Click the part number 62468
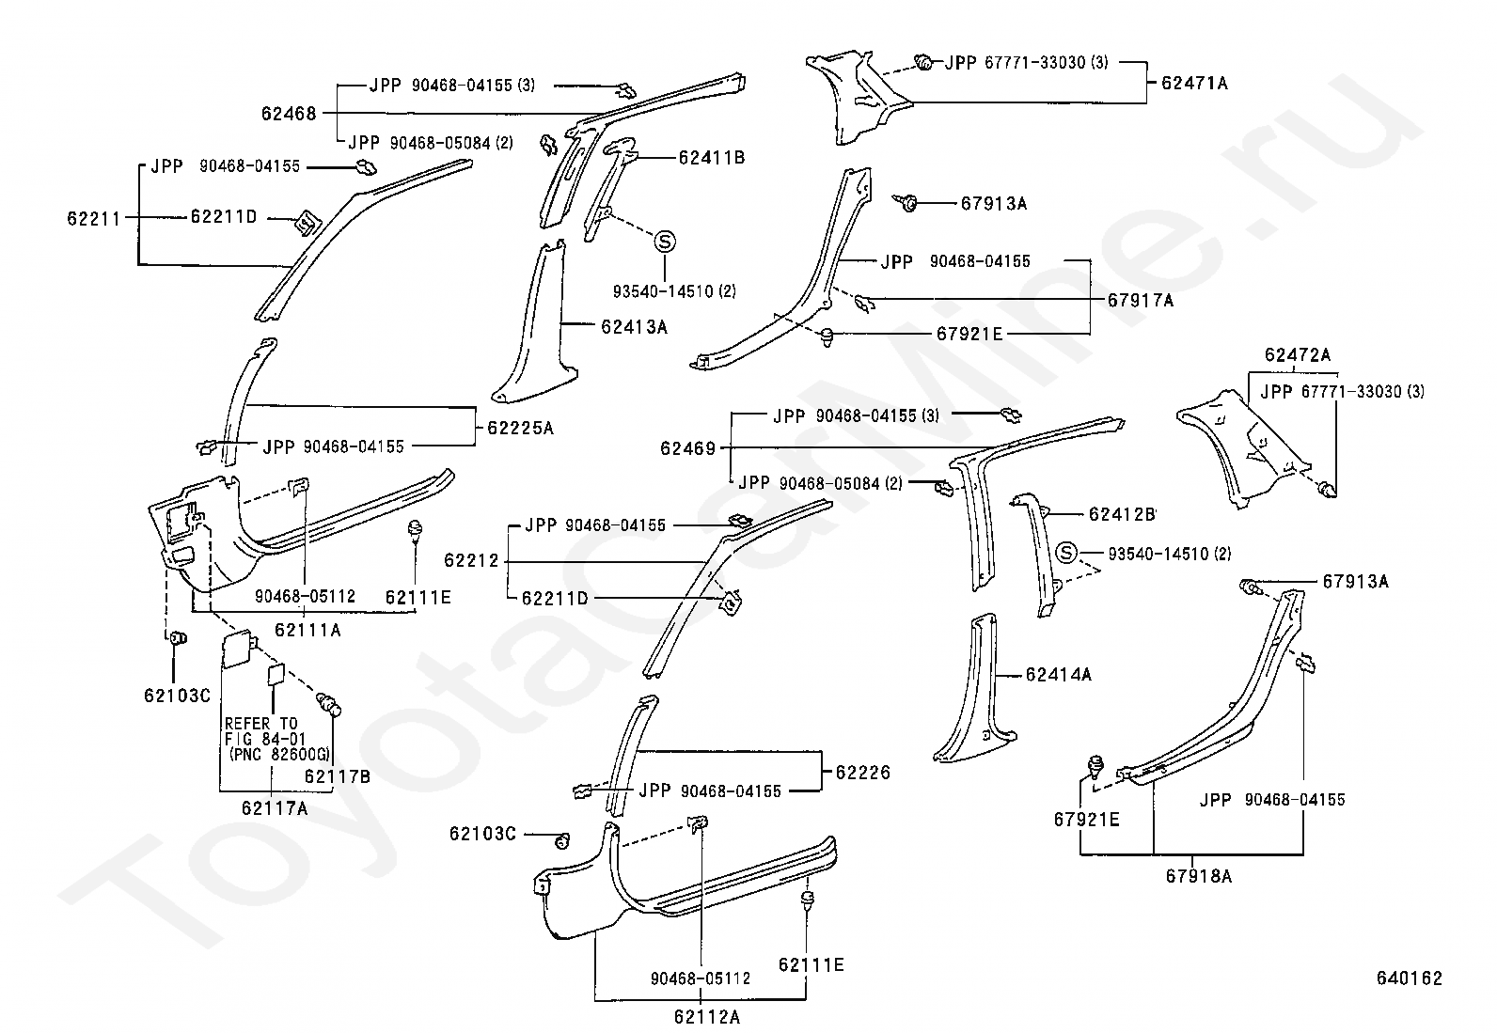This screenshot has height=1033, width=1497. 289,114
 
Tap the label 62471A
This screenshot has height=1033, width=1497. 1195,83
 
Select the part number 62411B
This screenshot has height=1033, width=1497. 712,158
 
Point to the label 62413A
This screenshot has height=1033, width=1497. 634,327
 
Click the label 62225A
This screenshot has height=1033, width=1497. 521,428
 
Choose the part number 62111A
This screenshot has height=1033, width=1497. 308,630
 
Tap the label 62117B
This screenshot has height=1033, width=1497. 338,775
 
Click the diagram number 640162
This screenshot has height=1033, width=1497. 1410,978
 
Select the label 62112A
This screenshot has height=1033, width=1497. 707,1017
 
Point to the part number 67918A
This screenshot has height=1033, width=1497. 1199,876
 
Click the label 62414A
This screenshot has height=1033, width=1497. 1059,675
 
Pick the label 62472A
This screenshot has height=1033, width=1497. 1297,354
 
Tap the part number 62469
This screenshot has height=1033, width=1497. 688,448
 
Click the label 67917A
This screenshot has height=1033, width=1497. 1141,301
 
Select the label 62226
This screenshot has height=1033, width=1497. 863,773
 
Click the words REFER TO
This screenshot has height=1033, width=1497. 261,724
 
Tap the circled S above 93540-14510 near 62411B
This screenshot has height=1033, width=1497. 664,242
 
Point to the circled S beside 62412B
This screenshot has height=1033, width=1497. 1066,553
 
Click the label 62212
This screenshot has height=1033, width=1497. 472,560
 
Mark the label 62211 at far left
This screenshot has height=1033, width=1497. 94,218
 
